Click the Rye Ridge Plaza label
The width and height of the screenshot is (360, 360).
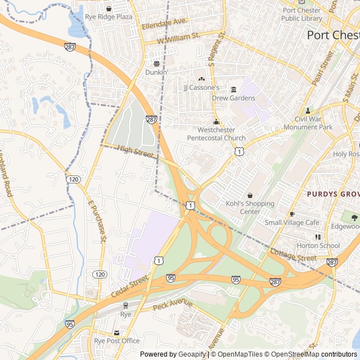click(109, 17)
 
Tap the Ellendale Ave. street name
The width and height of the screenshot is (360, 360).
click(164, 24)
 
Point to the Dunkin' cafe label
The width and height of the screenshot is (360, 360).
click(156, 72)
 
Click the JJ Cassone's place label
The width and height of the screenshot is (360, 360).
click(201, 88)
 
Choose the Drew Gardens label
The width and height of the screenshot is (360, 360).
click(233, 98)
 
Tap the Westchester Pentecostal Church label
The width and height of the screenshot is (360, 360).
click(216, 134)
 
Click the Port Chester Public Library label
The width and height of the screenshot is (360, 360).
click(302, 14)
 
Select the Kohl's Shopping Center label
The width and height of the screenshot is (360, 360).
click(250, 208)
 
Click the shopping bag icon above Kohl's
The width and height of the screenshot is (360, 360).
click(250, 195)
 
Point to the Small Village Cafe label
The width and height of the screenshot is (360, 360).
click(292, 222)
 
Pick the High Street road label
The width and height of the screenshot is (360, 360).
click(136, 150)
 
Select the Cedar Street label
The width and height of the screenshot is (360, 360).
click(129, 283)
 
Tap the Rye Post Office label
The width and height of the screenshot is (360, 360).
click(116, 340)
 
